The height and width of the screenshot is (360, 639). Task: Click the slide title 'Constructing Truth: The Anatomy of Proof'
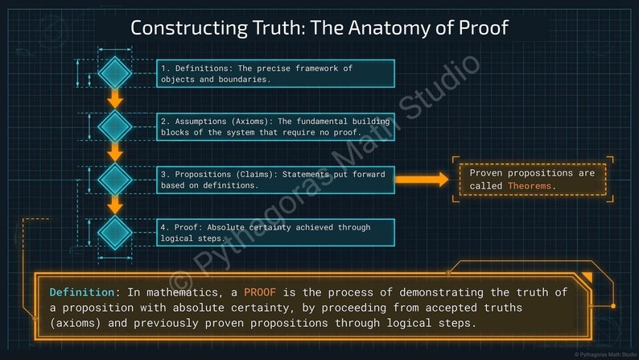pos(319,28)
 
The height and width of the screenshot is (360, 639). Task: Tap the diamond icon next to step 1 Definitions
pos(115,72)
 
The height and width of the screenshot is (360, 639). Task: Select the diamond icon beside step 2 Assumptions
pos(115,125)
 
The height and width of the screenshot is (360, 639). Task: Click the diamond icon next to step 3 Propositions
pos(115,179)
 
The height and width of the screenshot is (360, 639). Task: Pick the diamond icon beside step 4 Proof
pos(115,232)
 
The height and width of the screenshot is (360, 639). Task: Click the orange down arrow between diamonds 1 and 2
pos(115,99)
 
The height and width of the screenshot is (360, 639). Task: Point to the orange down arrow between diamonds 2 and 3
pos(115,151)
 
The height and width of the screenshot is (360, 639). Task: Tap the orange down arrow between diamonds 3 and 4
pos(115,205)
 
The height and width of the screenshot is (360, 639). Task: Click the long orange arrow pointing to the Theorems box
pos(422,180)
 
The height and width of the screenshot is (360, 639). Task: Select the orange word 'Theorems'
pos(530,186)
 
